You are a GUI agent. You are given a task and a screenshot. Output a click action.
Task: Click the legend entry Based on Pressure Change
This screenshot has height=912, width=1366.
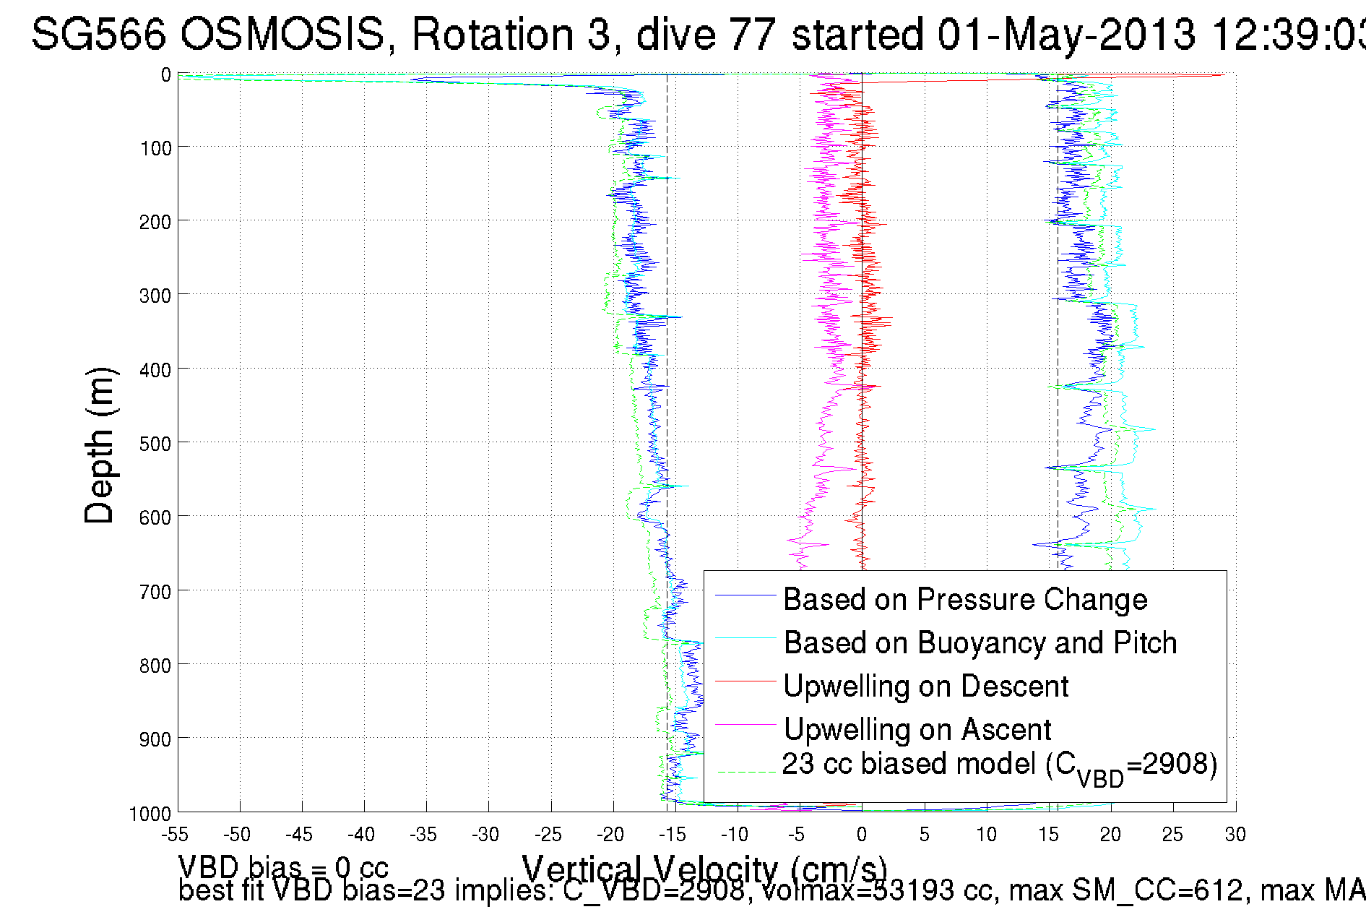[x=965, y=600]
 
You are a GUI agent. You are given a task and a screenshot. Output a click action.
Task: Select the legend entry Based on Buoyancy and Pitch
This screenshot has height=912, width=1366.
[x=980, y=643]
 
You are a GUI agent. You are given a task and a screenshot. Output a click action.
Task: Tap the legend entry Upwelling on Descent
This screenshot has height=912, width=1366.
[x=925, y=687]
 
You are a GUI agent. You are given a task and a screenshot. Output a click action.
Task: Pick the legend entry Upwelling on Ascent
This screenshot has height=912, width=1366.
[x=917, y=730]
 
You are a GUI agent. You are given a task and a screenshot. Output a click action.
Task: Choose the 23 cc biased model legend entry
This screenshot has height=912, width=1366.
[x=999, y=765]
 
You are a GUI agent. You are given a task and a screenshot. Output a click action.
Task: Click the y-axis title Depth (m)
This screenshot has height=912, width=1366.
[x=100, y=445]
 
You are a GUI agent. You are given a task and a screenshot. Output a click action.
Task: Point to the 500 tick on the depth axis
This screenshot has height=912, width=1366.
[x=155, y=444]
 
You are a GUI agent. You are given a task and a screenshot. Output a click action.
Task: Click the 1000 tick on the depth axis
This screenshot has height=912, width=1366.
[x=150, y=814]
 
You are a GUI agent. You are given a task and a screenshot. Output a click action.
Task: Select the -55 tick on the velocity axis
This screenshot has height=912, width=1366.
[x=175, y=835]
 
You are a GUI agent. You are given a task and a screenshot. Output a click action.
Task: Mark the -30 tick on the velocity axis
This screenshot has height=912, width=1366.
[x=485, y=835]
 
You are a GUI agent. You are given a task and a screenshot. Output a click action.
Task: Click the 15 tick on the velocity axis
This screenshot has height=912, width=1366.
[x=1048, y=835]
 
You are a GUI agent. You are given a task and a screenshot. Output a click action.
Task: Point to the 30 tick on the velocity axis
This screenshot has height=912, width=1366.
[x=1235, y=835]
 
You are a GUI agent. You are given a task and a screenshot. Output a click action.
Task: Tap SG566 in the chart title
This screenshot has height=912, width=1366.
[x=99, y=34]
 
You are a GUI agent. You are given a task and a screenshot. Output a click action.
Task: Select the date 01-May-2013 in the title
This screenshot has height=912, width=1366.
[x=1066, y=34]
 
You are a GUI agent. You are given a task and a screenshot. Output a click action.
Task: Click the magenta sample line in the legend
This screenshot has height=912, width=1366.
[x=745, y=724]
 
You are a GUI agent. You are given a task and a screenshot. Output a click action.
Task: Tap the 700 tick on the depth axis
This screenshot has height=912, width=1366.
[x=155, y=592]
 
